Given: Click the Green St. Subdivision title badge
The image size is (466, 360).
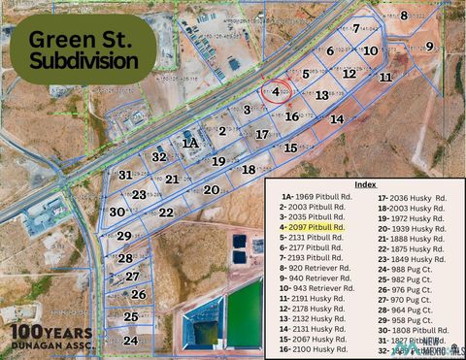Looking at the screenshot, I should [x=83, y=49].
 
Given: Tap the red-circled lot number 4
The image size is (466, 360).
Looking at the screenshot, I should [x=277, y=92].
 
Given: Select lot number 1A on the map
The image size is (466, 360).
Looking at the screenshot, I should [x=190, y=143].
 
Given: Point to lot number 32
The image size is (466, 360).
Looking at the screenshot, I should [x=159, y=156].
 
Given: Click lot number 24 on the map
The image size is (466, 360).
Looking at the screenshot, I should [x=130, y=341].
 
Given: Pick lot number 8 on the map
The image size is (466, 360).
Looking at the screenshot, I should [x=404, y=15].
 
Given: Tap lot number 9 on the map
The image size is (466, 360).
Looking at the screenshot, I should [x=429, y=47].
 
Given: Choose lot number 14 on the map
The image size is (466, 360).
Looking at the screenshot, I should [x=337, y=118].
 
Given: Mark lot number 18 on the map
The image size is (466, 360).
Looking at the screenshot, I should [x=249, y=169].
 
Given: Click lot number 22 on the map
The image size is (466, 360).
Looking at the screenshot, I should [x=166, y=212].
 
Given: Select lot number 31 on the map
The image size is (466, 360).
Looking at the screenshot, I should [x=125, y=176].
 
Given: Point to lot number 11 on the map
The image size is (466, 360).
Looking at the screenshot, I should [x=385, y=76].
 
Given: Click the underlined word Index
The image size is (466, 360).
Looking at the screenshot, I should [x=365, y=183].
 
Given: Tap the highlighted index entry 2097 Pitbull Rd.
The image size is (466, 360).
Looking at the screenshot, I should [x=312, y=226].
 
